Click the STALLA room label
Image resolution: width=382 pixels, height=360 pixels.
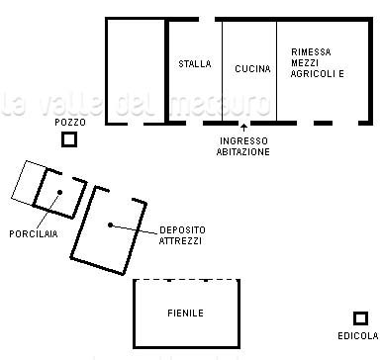[195, 63]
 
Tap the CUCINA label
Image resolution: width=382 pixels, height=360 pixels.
[252, 69]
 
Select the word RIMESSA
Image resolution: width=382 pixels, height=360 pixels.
[311, 52]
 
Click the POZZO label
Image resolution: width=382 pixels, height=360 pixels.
[70, 123]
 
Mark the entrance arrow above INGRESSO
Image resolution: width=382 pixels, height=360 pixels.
[243, 128]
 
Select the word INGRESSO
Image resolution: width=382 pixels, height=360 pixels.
[243, 141]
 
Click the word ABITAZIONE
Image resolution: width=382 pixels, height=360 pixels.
[243, 151]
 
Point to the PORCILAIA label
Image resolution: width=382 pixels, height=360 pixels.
[34, 234]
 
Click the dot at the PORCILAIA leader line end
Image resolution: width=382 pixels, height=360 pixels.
[59, 192]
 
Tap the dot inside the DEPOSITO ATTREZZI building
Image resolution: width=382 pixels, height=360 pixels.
[110, 225]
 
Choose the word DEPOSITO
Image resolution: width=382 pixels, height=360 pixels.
[182, 230]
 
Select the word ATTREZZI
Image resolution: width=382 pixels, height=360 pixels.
[180, 241]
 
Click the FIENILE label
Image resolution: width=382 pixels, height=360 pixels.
[186, 314]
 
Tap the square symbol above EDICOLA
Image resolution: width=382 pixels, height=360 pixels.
[360, 313]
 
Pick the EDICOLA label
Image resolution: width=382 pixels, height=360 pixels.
[358, 336]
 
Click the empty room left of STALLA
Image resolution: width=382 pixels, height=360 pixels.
[136, 71]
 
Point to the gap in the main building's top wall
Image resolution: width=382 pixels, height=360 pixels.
[207, 20]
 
